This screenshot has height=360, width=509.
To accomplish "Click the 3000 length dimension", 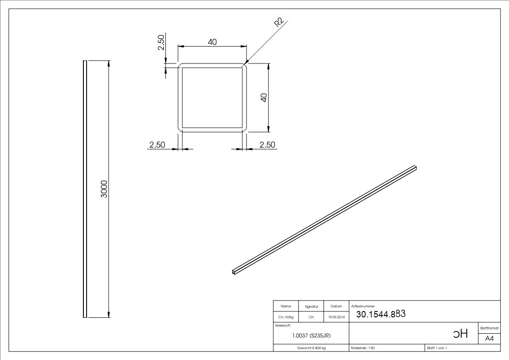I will coord(104,189).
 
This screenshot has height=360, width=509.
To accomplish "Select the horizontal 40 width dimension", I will coord(212,42).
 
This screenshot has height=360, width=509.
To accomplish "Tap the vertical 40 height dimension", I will coord(264,97).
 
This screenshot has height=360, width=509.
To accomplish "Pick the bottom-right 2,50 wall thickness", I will coord(267,145).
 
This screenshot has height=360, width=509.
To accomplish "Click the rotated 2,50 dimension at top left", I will coord(160,43).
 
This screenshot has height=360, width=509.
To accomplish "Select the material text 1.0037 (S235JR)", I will coord(311,336).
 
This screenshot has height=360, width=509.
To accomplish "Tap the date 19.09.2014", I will coord(337,317).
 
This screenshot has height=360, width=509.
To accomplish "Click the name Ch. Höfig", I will coord(286,317).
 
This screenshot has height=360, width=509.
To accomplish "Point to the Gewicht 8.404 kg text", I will coord(311,348).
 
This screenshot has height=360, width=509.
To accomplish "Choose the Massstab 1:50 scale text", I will coord(363,348).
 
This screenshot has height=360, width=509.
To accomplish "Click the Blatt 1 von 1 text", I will coord(437,348).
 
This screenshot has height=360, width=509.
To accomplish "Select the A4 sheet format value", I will coord(490,339).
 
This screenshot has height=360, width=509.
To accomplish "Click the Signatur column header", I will coord(311,306).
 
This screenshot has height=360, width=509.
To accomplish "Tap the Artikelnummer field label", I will coord(363,306).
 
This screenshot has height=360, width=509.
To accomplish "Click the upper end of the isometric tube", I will coord(415,168).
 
